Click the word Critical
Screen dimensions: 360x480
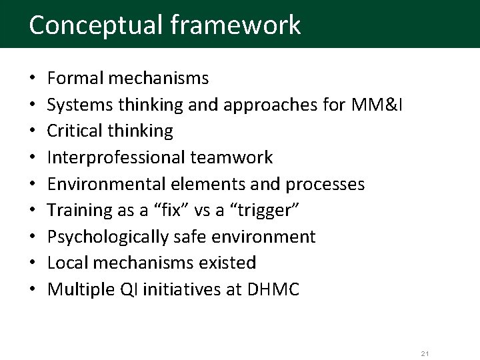coord(75,131)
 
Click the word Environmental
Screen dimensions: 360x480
coord(103,184)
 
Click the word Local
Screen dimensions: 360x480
coord(68,263)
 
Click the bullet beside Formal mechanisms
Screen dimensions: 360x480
coord(33,79)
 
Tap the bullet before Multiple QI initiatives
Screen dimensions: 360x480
coord(33,289)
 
